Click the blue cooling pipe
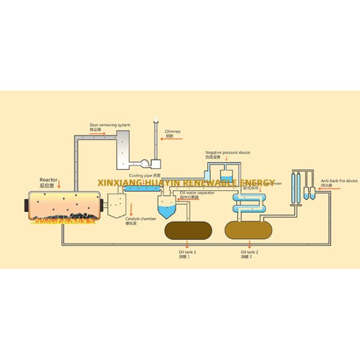pos(139,188)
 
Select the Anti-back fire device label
pos(339,181)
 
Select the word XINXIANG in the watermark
pos(121,182)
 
